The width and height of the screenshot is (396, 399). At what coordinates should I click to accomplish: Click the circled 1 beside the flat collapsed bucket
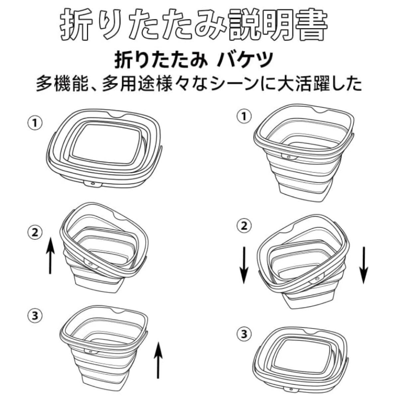(35, 123)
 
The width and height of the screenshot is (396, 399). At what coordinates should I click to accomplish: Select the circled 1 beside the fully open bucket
(244, 117)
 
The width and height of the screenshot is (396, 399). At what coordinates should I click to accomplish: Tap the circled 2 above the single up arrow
(35, 232)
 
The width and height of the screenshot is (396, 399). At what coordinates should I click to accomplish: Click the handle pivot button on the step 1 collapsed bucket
(92, 184)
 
